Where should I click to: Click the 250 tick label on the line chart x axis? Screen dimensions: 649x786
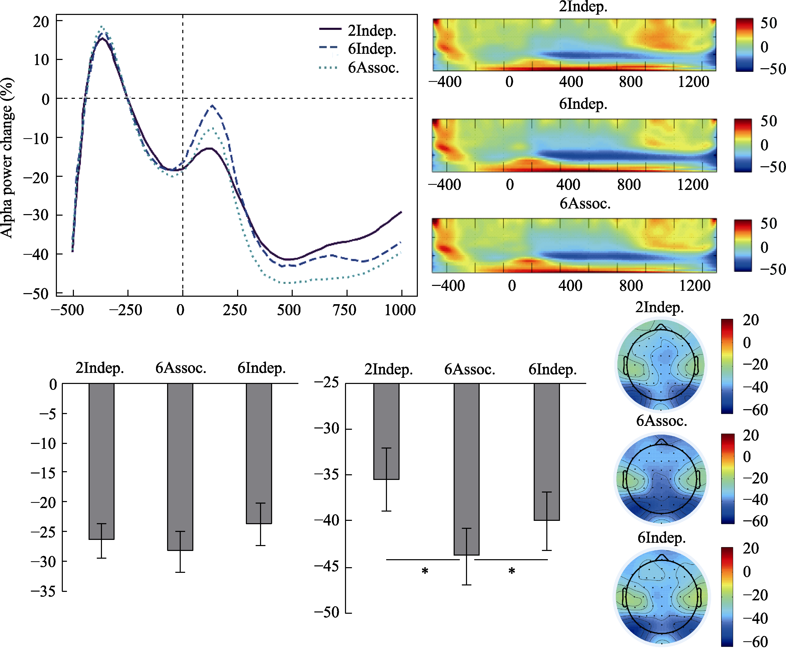235,310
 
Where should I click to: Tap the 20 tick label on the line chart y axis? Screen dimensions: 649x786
41,22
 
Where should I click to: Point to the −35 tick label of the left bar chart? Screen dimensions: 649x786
43,591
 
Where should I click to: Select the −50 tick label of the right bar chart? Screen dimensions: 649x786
326,612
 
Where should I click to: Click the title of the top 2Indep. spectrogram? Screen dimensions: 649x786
583,6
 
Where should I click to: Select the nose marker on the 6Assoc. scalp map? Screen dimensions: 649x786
661,442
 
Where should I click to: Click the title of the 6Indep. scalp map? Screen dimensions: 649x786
661,538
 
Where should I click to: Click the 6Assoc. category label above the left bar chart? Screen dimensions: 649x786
181,368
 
